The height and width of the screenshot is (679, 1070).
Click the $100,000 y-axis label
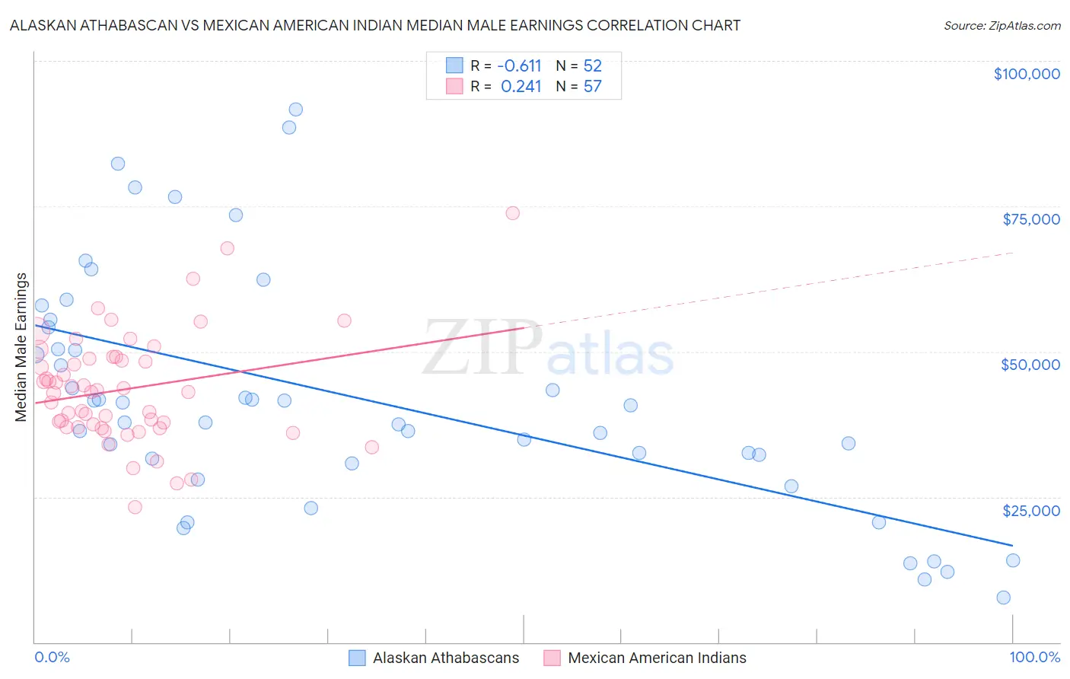pos(1026,74)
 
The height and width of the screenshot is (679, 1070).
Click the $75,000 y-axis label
pos(1030,219)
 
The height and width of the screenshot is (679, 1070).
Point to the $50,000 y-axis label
pos(1030,365)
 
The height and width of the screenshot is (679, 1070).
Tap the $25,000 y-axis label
pos(1030,510)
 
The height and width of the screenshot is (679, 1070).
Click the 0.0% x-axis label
pos(52,657)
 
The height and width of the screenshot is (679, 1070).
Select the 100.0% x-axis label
pos(1034,657)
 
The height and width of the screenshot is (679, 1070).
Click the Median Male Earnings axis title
pos(21,347)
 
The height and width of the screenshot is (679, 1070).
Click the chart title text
pos(374,25)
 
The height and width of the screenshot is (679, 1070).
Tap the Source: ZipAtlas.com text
pos(1002,25)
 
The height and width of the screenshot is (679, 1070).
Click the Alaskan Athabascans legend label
pos(446,658)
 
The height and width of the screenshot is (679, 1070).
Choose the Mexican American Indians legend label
pos(657,658)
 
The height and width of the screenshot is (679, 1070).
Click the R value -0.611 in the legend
pos(519,65)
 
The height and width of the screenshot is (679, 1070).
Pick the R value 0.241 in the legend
pos(521,87)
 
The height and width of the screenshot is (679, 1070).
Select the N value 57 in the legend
pos(592,87)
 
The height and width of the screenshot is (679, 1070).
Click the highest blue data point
pos(295,110)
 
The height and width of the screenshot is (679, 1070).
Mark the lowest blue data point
pos(1003,598)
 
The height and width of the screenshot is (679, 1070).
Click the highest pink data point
pos(512,213)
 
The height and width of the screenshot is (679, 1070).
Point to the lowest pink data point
pos(135,507)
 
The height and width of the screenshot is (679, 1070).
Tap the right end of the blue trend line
pos(1012,545)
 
